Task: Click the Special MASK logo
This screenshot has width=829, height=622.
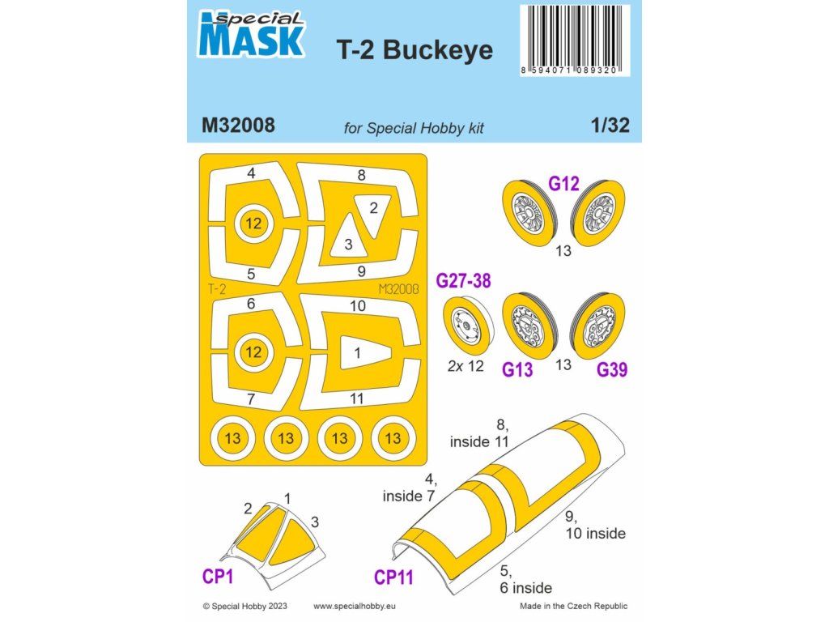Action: (251, 34)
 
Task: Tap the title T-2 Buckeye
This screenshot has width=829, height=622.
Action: (414, 49)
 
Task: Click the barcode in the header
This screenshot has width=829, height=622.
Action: (575, 40)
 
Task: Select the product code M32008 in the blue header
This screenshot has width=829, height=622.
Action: (238, 126)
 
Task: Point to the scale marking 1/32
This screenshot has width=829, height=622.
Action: (610, 125)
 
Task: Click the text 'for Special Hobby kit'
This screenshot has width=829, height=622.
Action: (414, 128)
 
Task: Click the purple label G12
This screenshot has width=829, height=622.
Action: (563, 184)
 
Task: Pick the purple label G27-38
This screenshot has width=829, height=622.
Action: (463, 280)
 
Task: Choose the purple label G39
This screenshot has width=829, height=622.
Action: (612, 369)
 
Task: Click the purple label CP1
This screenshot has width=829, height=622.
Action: (217, 576)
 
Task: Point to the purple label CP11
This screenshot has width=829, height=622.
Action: (393, 577)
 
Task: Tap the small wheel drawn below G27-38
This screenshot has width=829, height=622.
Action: (468, 325)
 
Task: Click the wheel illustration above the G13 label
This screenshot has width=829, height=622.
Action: (529, 326)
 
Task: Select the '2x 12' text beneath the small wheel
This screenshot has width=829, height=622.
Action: (466, 366)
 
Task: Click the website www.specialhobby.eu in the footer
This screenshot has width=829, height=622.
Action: (355, 606)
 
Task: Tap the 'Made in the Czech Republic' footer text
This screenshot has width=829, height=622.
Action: (574, 606)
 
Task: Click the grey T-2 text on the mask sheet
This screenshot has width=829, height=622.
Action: (217, 289)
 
